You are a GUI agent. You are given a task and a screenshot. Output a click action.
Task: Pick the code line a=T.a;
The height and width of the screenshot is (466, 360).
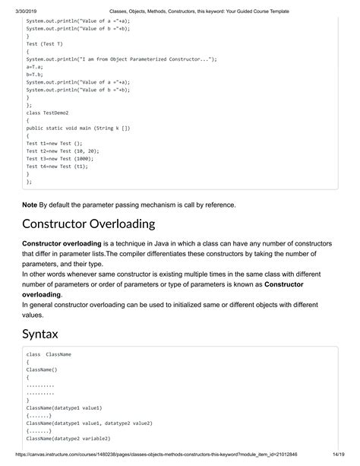(35, 68)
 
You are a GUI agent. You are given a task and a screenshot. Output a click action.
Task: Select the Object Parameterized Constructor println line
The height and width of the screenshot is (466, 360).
(122, 59)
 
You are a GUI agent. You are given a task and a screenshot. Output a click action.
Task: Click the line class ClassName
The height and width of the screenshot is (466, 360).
(49, 354)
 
